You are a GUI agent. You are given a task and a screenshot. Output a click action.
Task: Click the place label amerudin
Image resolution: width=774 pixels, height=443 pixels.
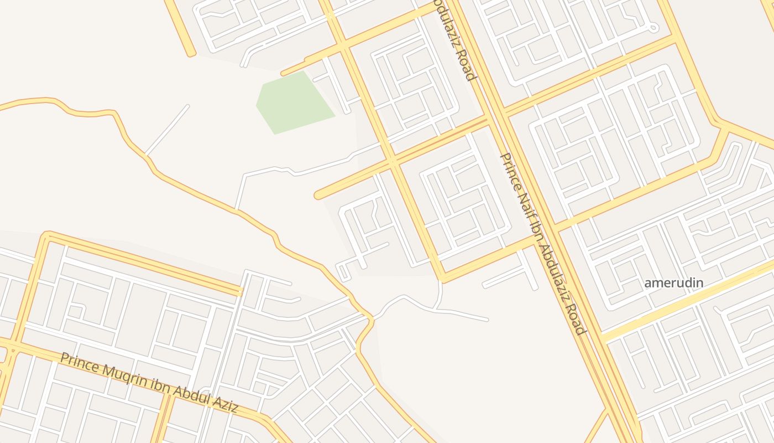(673, 283)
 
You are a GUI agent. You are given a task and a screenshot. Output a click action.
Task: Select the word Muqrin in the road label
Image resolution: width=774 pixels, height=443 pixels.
(111, 372)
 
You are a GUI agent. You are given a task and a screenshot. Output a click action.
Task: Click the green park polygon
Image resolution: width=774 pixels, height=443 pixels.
(293, 102)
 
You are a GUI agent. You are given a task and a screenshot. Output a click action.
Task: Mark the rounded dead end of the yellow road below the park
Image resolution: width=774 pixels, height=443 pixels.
(319, 195)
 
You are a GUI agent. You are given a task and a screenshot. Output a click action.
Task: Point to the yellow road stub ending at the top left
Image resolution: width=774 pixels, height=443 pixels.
(191, 54)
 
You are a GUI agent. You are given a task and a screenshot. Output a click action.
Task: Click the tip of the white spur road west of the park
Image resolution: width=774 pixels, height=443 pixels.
(187, 106)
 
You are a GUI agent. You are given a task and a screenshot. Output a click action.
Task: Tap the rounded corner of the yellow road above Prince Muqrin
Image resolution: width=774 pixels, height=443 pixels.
(46, 236)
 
